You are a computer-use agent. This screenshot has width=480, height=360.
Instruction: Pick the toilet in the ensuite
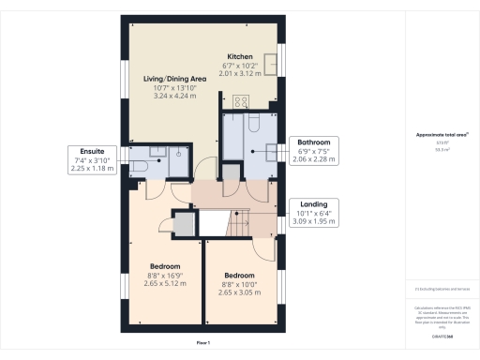(138, 165)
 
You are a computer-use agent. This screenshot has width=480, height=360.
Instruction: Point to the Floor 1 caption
(202, 344)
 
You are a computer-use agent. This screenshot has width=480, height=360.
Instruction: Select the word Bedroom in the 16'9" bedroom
(165, 266)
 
